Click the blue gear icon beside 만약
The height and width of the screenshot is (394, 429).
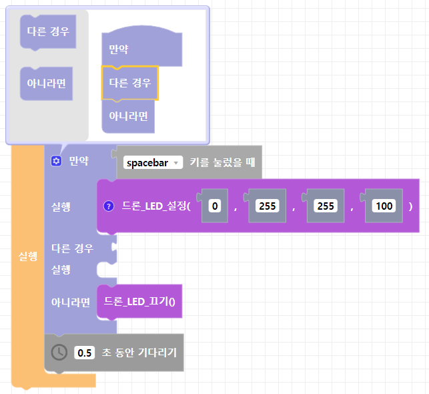coord(56,161)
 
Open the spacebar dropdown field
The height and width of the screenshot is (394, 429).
coord(153,162)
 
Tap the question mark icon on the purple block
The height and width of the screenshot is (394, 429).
coord(109,206)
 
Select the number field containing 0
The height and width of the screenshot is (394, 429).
coord(214,206)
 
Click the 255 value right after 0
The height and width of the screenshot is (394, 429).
coord(268,206)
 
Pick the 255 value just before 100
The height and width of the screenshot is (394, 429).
coord(326,206)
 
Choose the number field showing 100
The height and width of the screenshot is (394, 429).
coord(384,206)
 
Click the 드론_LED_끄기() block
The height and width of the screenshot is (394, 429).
coord(139,301)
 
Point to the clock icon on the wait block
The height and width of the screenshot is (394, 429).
coord(59,352)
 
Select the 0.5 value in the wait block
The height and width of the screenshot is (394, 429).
coord(85,352)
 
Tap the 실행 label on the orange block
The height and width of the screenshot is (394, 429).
coord(27,256)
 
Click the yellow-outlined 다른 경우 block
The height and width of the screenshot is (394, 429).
coord(129,83)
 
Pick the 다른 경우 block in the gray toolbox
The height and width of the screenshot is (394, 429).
coord(47,31)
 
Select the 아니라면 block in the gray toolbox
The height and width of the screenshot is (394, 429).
coord(46,83)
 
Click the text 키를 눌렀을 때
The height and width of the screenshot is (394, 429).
coord(223,162)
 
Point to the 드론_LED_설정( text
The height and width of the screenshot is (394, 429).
coord(156,206)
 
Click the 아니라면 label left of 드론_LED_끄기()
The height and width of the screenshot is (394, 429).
coord(70,302)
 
